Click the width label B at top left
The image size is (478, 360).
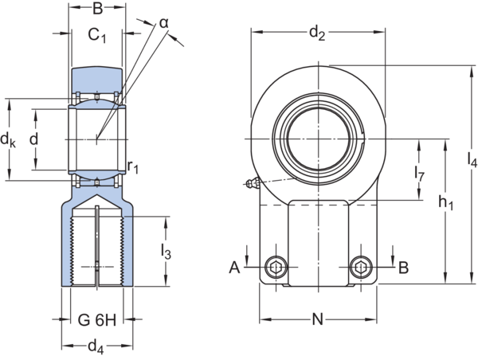96,10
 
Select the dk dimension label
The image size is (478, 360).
9,140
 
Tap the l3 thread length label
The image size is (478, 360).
166,251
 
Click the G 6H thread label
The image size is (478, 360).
97,321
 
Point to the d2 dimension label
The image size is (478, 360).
318,34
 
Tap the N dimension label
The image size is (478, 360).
317,321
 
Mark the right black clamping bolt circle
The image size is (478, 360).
361,268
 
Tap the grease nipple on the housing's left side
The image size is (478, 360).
253,185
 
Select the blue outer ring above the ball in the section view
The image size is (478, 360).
96,78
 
